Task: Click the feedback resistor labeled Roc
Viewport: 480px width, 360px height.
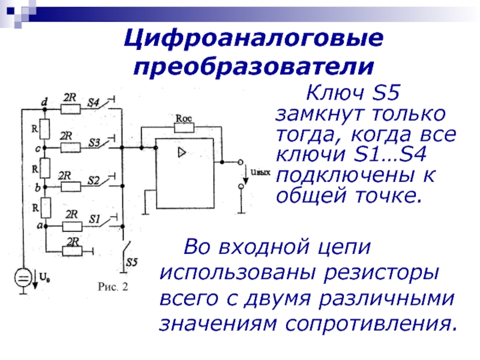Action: point(183,127)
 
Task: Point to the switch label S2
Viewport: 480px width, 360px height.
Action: point(93,181)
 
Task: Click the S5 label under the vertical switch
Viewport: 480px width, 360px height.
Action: point(133,262)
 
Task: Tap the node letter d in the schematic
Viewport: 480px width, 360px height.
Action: point(44,103)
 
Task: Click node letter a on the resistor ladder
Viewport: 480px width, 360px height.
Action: point(40,225)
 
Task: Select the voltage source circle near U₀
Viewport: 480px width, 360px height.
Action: point(23,278)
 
